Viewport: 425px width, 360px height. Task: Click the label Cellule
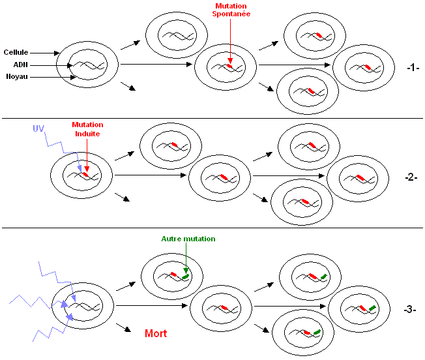(x=16, y=52)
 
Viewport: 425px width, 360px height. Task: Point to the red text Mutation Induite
(x=87, y=128)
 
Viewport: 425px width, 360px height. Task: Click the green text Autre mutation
(x=188, y=239)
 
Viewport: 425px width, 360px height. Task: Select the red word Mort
(x=155, y=333)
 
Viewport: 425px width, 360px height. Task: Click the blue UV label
(x=38, y=129)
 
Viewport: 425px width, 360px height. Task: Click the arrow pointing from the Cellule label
(x=46, y=52)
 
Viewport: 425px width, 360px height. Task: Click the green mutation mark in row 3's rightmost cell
(x=372, y=307)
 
